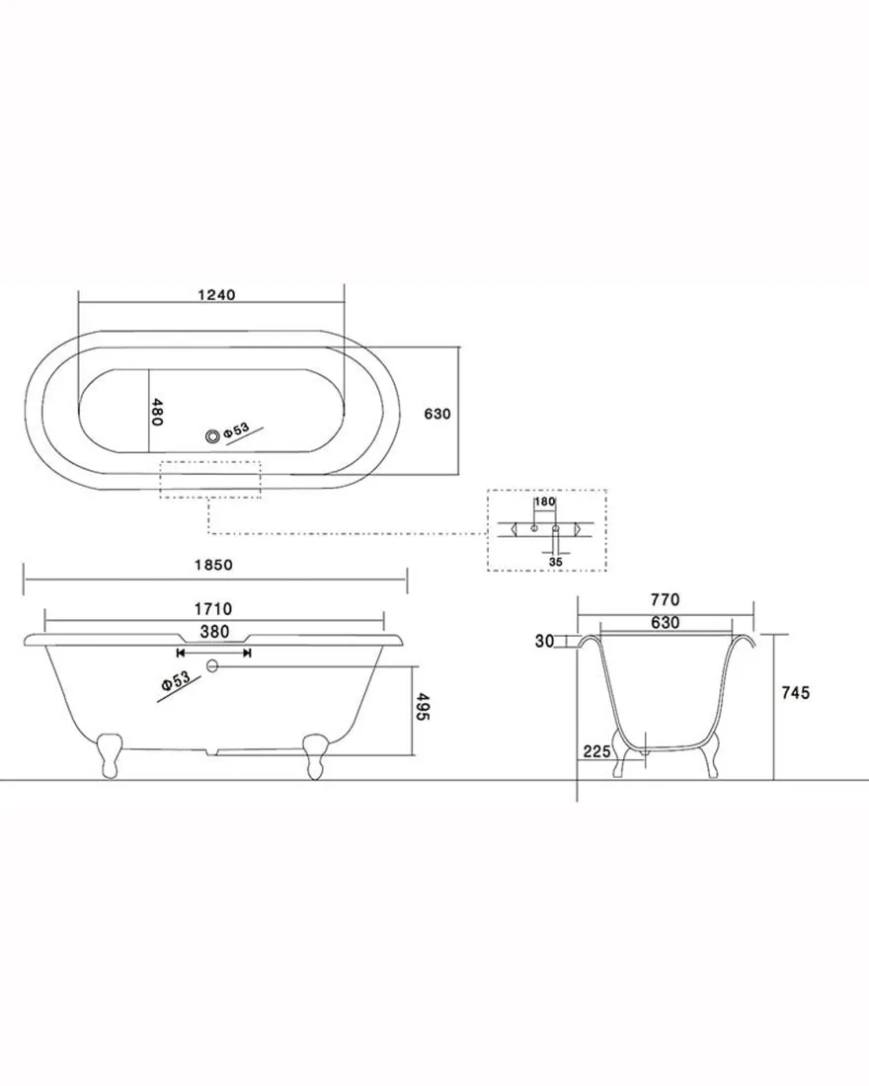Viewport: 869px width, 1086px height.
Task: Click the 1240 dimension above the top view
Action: tap(216, 295)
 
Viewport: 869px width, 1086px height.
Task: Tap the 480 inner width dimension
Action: tap(157, 412)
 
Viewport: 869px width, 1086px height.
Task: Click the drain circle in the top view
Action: tap(212, 435)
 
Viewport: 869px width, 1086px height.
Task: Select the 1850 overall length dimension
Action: tap(213, 565)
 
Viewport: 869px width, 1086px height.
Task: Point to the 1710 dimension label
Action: tap(213, 609)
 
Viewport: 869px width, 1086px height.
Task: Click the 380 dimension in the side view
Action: tap(214, 631)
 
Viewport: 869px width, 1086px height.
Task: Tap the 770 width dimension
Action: tap(666, 600)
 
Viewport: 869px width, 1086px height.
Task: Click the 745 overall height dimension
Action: tap(795, 692)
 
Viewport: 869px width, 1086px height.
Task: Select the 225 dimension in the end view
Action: tap(596, 750)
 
